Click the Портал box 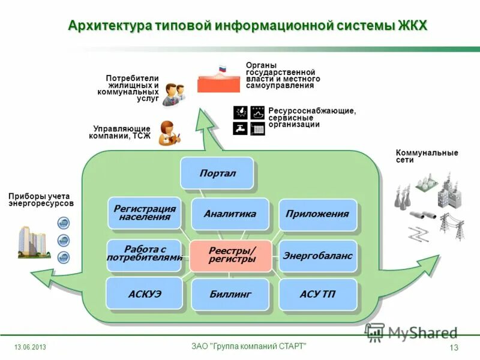[217, 173]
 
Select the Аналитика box [229, 214]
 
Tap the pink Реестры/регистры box [232, 255]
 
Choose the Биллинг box [230, 294]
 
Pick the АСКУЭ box [144, 293]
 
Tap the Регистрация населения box [144, 212]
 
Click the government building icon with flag [218, 79]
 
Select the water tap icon [240, 128]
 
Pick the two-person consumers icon [174, 94]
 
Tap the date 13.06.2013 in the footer [30, 348]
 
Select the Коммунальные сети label [427, 156]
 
